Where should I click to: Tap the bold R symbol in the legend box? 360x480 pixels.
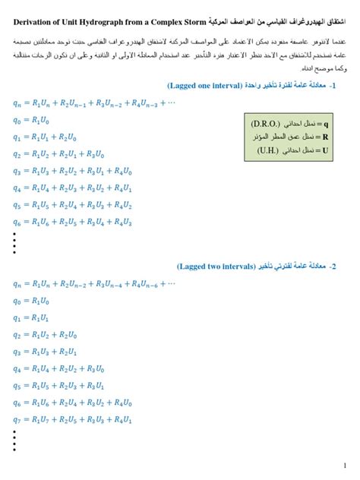pos(325,137)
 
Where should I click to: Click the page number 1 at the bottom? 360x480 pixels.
pos(344,464)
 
